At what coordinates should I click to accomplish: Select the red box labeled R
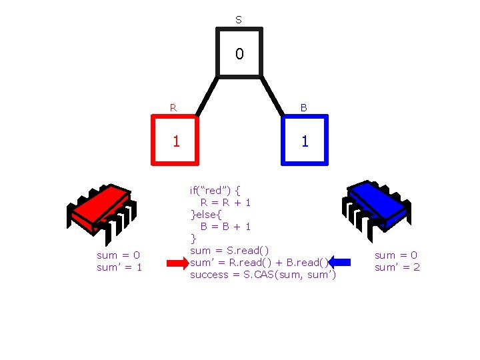pyautogui.click(x=176, y=140)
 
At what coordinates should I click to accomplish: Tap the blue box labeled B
pyautogui.click(x=305, y=140)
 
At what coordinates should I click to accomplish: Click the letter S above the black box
pyautogui.click(x=239, y=20)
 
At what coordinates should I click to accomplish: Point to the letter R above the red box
pyautogui.click(x=173, y=107)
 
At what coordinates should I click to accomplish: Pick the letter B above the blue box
pyautogui.click(x=303, y=107)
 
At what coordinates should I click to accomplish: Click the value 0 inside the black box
pyautogui.click(x=239, y=53)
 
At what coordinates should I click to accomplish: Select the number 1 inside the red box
pyautogui.click(x=176, y=141)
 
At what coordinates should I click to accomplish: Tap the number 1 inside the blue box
pyautogui.click(x=305, y=141)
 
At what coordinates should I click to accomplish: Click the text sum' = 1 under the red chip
pyautogui.click(x=120, y=267)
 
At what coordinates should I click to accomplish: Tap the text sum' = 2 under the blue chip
pyautogui.click(x=397, y=267)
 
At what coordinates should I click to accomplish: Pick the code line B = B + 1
pyautogui.click(x=225, y=226)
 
